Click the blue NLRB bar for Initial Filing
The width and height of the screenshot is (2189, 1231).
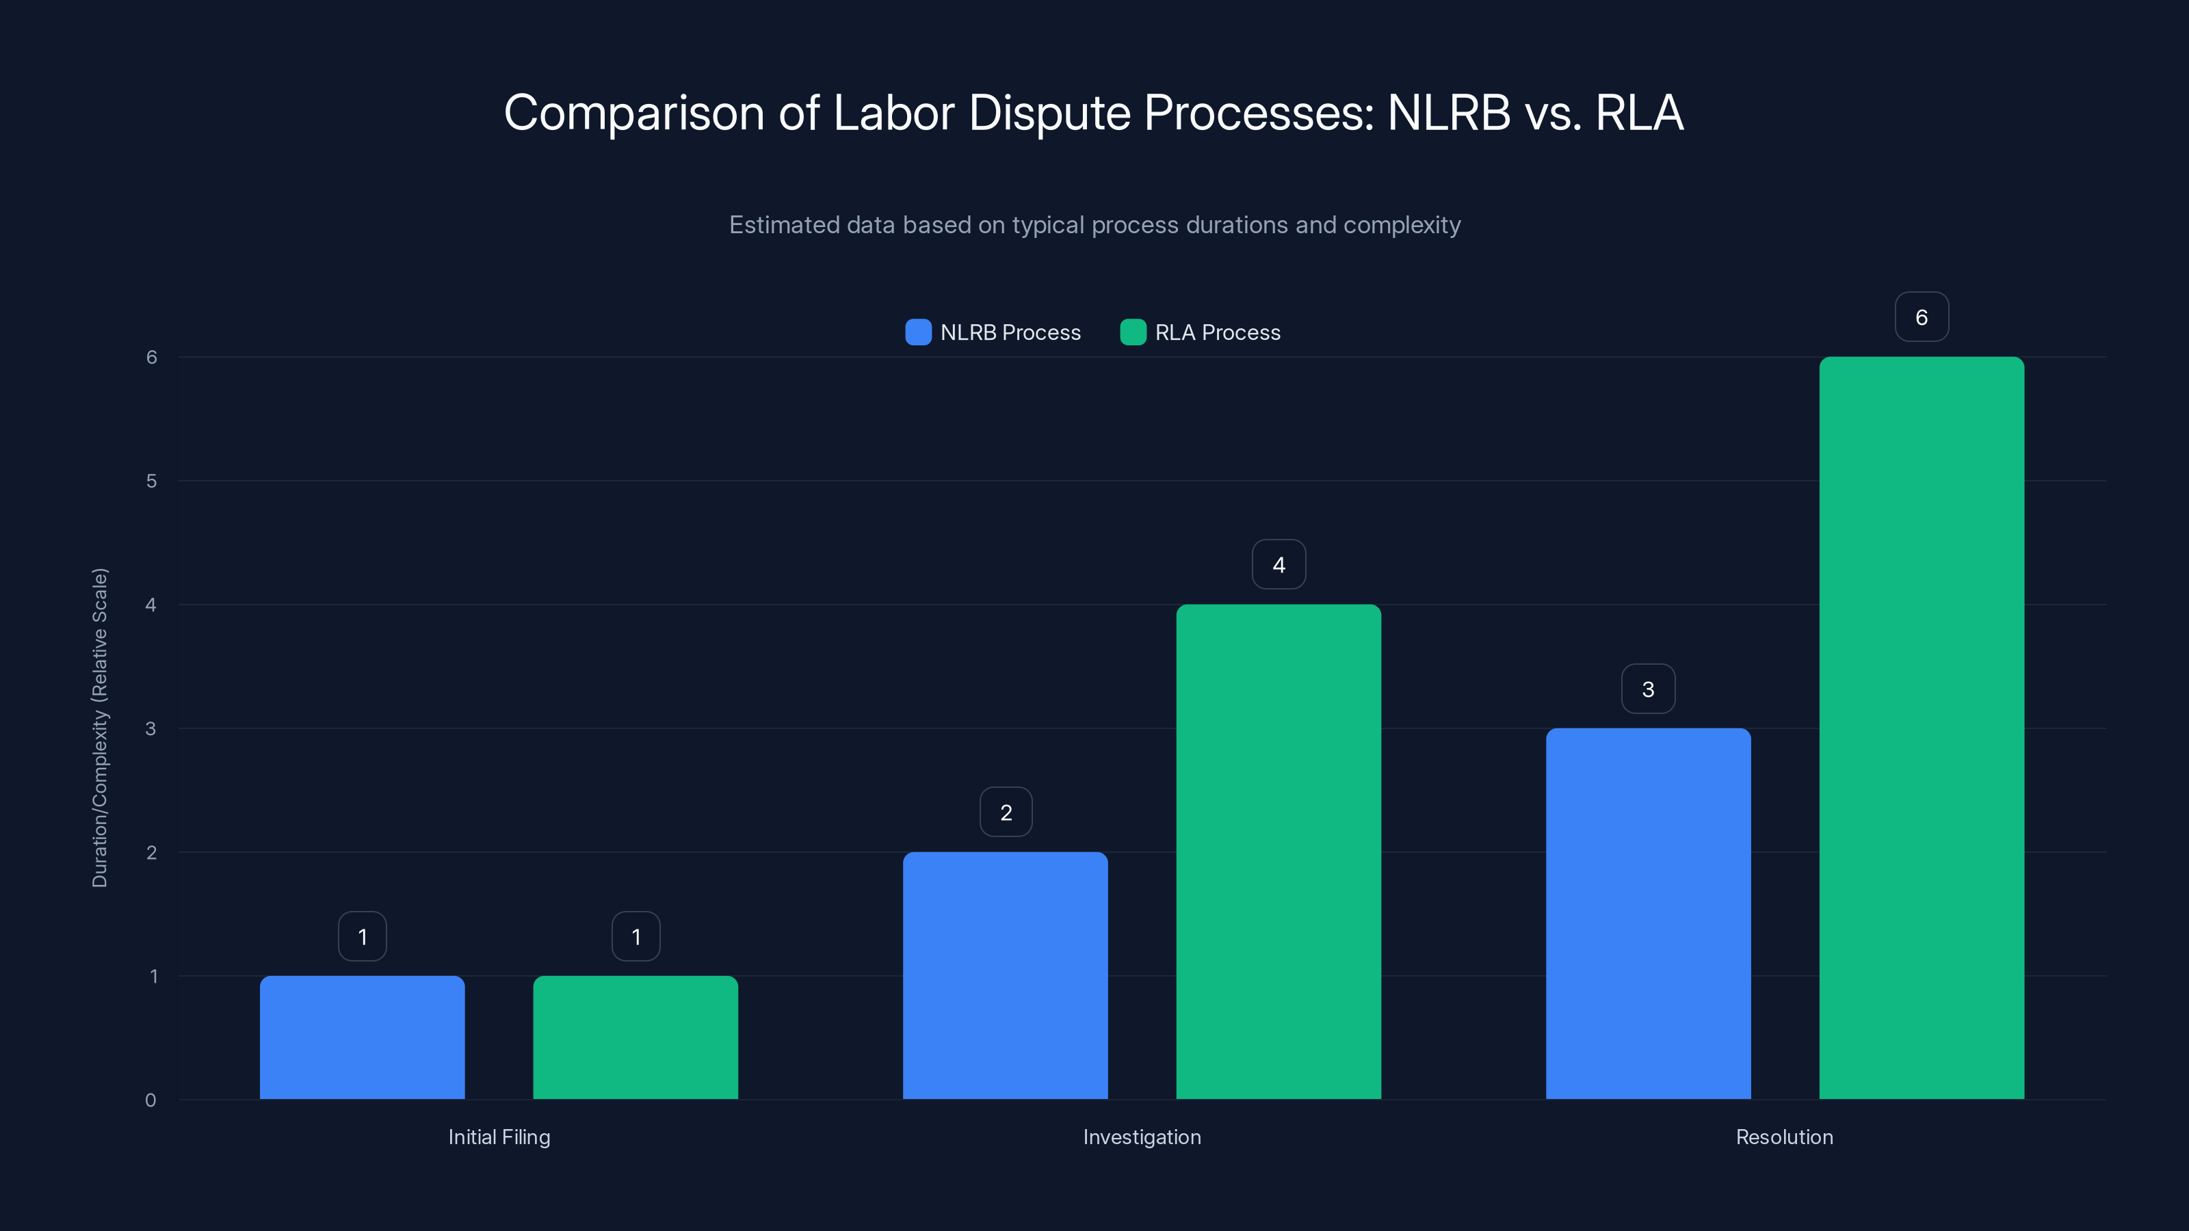pyautogui.click(x=362, y=1037)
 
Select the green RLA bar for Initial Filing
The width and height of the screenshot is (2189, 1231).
pyautogui.click(x=635, y=1037)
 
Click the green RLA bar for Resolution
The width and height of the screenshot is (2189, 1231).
pyautogui.click(x=1922, y=728)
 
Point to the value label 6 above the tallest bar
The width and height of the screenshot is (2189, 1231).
pyautogui.click(x=1922, y=317)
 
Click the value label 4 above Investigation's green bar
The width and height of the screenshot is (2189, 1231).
pyautogui.click(x=1278, y=564)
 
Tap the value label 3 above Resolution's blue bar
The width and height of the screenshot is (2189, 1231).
pyautogui.click(x=1648, y=688)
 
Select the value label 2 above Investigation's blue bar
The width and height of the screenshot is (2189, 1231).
pyautogui.click(x=1006, y=812)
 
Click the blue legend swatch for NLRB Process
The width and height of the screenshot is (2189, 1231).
pyautogui.click(x=918, y=332)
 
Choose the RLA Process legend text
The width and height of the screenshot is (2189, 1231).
pyautogui.click(x=1217, y=332)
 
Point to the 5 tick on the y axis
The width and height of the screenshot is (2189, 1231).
pyautogui.click(x=151, y=481)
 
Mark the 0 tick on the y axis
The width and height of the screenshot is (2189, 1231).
pyautogui.click(x=150, y=1100)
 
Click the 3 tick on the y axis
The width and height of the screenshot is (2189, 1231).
pyautogui.click(x=150, y=728)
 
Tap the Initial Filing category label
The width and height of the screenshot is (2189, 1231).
pyautogui.click(x=499, y=1137)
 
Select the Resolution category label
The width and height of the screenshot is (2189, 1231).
pyautogui.click(x=1783, y=1137)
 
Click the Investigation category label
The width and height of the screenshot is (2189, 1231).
pyautogui.click(x=1141, y=1137)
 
